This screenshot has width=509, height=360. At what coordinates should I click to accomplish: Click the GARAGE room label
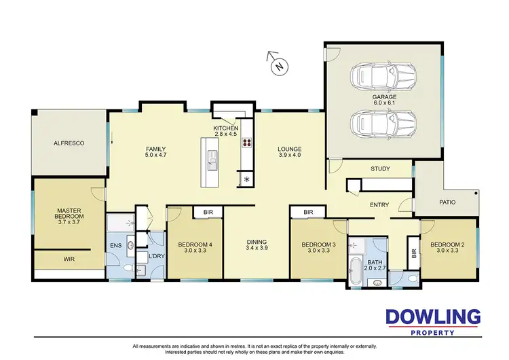[383, 97]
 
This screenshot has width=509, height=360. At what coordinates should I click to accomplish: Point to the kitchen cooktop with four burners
[246, 143]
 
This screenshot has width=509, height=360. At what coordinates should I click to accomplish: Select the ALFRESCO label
[69, 144]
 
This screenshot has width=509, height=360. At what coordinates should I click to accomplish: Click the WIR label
[69, 259]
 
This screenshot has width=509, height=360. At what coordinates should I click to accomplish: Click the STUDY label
[380, 168]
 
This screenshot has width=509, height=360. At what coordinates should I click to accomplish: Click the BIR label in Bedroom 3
[308, 213]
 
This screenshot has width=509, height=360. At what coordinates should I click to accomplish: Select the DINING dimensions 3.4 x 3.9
[257, 249]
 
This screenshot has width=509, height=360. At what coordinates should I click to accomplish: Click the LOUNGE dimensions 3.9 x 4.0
[289, 156]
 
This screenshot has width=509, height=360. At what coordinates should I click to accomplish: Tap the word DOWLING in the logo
[433, 317]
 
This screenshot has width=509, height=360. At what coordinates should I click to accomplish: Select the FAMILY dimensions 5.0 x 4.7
[156, 156]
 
